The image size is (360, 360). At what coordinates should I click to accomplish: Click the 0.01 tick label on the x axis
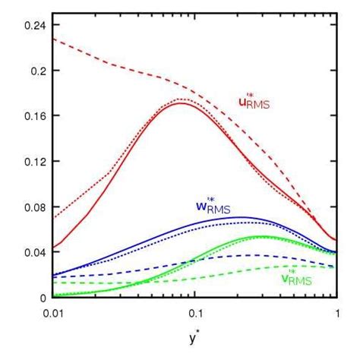tap(53, 312)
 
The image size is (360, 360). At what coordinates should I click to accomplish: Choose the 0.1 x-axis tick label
tap(194, 312)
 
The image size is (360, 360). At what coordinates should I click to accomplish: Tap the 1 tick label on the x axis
tap(336, 312)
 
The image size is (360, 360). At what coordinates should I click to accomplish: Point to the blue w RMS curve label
tap(213, 206)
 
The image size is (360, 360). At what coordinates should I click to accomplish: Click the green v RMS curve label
tap(298, 279)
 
